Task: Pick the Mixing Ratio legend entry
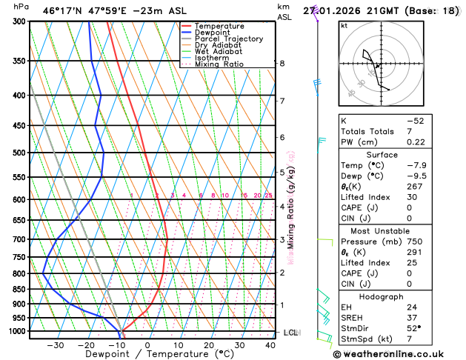[x=219, y=64]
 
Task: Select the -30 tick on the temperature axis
[x=55, y=345]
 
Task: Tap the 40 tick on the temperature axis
[x=270, y=345]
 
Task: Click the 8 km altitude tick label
[x=282, y=64]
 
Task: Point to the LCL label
[x=290, y=333]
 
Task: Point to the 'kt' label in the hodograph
[x=344, y=26]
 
